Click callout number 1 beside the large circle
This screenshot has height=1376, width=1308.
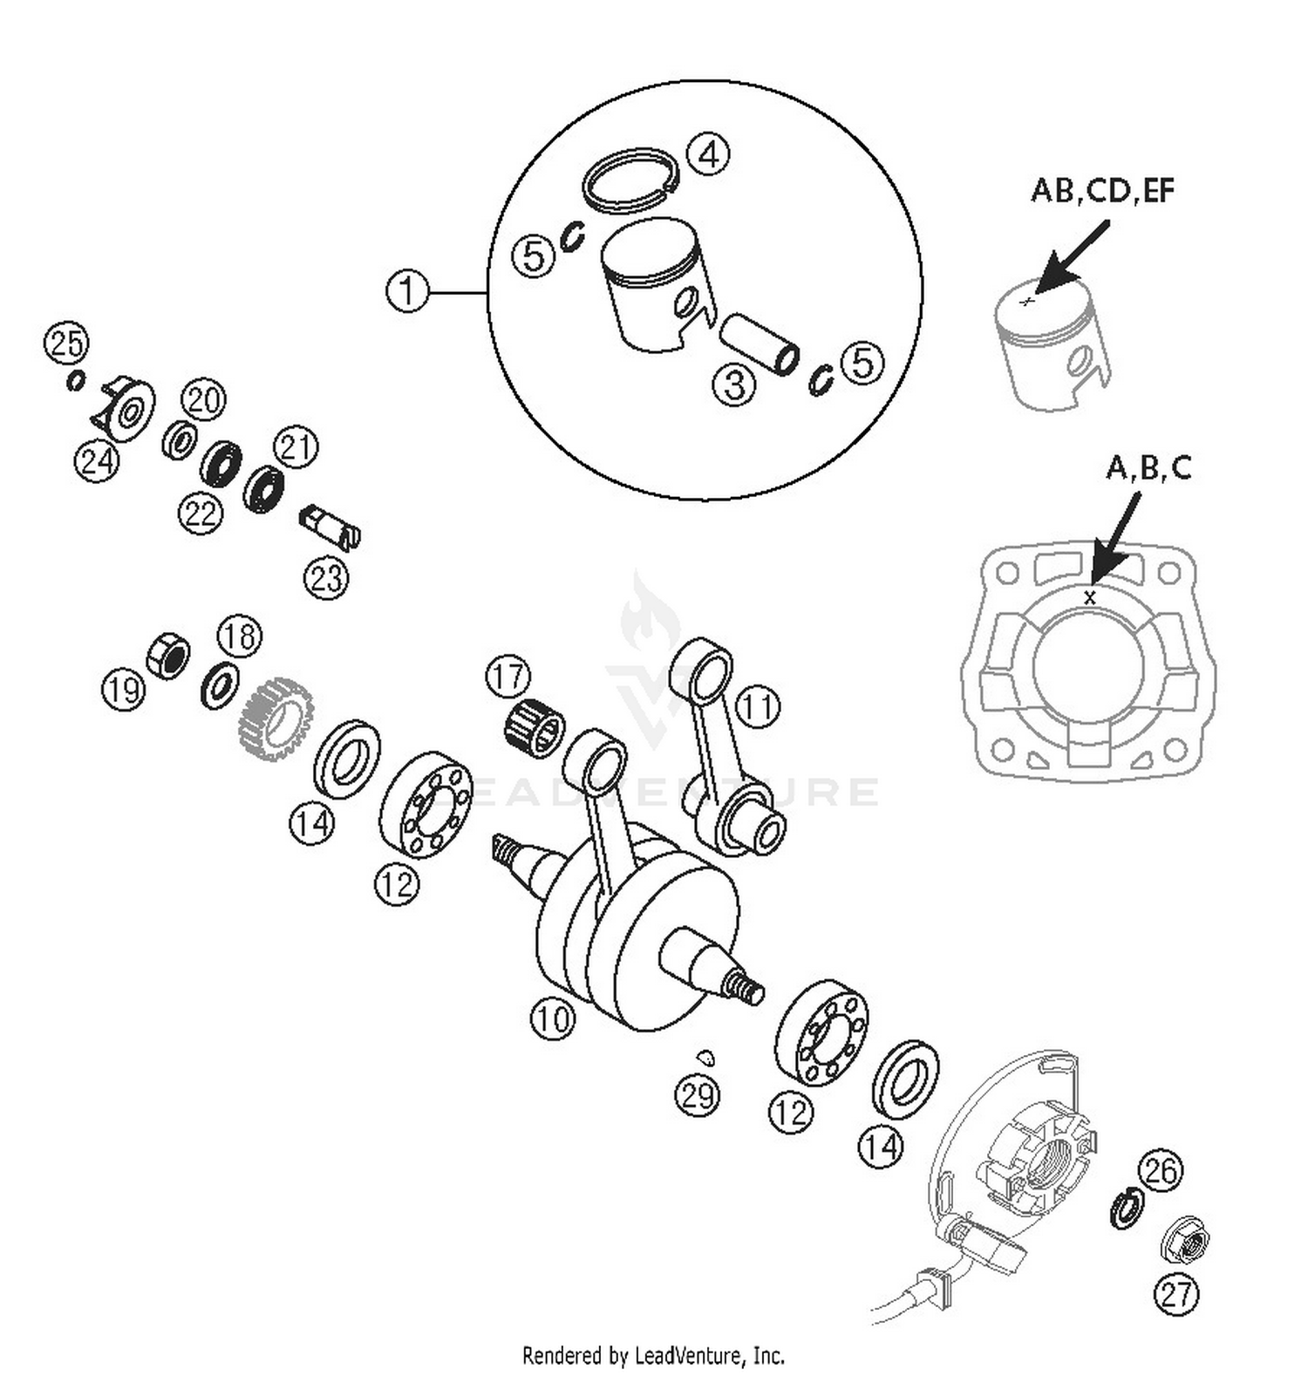[x=407, y=290]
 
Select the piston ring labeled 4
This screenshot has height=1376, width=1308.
[x=630, y=178]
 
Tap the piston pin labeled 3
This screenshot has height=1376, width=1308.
[x=760, y=344]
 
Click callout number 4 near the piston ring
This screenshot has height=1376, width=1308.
[x=708, y=155]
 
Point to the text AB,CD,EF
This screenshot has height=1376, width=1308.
[x=1102, y=190]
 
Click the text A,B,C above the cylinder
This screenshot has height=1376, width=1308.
[x=1148, y=468]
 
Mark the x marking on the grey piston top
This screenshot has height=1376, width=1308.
[x=1027, y=301]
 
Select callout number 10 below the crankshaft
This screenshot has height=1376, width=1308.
[x=553, y=1018]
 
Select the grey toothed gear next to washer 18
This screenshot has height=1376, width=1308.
[x=276, y=718]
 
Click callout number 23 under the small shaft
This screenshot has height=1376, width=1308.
[x=326, y=577]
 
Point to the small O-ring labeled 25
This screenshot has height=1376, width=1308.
[x=76, y=380]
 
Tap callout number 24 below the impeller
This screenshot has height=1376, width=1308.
[x=96, y=460]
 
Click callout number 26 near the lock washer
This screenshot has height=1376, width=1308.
[x=1160, y=1169]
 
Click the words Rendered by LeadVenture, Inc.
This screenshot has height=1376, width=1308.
[x=653, y=1355]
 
